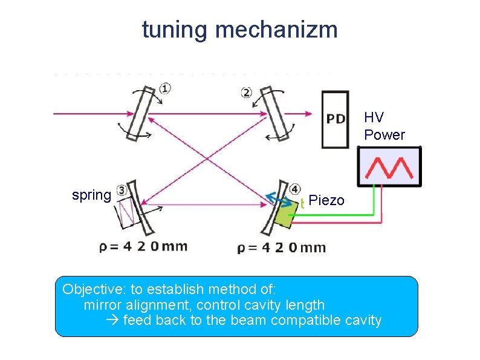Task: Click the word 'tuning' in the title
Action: [x=175, y=29]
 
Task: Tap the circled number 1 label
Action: [x=165, y=89]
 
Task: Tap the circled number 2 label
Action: [x=246, y=93]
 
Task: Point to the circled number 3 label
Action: [x=122, y=191]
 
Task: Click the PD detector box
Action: [x=336, y=119]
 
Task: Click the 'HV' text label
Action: [x=374, y=117]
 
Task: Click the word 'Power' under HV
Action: [x=384, y=135]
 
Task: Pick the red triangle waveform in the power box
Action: [x=390, y=166]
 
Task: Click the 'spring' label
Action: [x=91, y=195]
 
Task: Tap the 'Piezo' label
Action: [x=326, y=200]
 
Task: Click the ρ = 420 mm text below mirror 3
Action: [x=143, y=246]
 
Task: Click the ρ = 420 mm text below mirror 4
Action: [x=282, y=247]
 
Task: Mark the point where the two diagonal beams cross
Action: [x=208, y=159]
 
